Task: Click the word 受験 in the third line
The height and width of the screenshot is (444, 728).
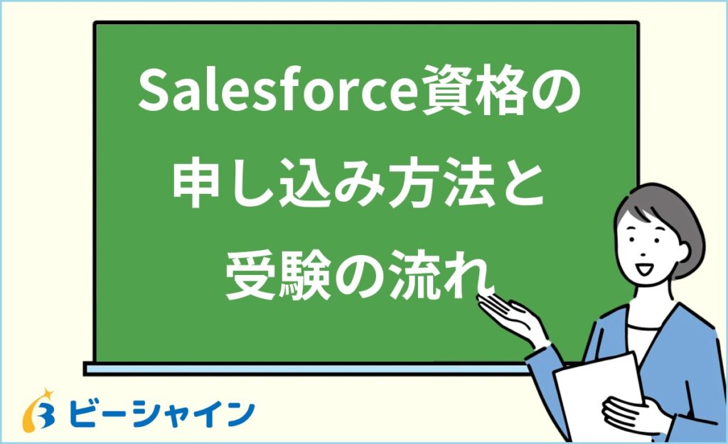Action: tap(271, 276)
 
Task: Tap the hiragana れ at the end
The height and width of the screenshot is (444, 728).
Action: tap(473, 276)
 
